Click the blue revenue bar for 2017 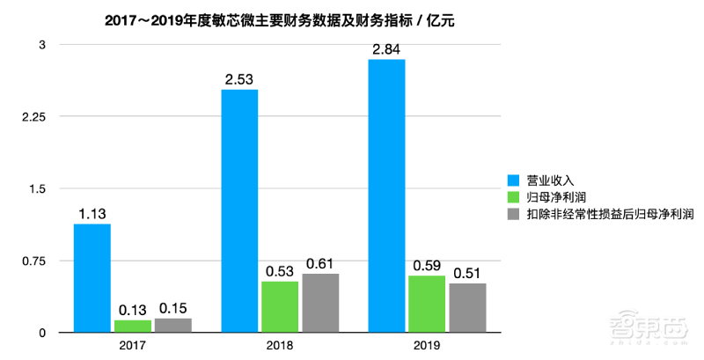coord(92,278)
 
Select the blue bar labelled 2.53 coord(239,211)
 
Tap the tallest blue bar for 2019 coord(387,195)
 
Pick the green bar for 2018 coord(280,307)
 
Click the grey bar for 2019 coord(467,308)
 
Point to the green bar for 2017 coord(133,326)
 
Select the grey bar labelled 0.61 coord(320,303)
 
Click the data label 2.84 coord(387,48)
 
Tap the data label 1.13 coord(92,213)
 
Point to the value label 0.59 coord(428,264)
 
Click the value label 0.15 coord(173,307)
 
